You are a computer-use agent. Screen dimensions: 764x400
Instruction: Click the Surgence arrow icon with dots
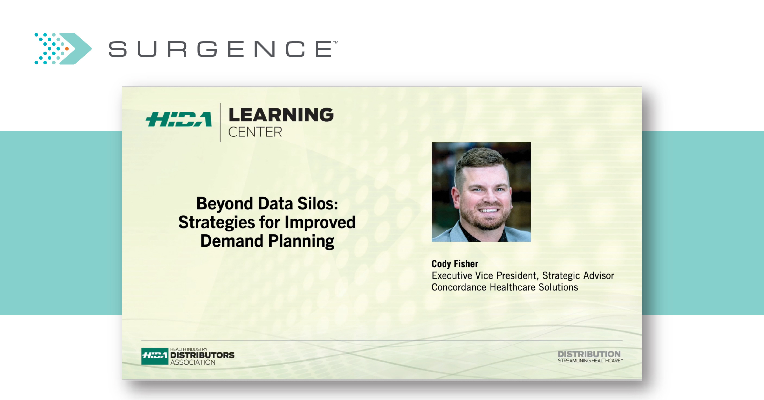tap(63, 49)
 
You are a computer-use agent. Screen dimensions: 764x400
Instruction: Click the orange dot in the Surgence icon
tap(67, 49)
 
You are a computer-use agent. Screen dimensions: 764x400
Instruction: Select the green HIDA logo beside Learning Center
tap(179, 119)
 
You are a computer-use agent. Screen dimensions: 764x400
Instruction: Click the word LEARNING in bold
tap(281, 115)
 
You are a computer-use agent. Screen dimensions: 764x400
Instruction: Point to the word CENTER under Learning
tap(255, 132)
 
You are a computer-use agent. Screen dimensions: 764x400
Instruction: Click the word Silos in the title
tap(317, 204)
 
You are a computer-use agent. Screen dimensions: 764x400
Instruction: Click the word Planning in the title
tap(301, 241)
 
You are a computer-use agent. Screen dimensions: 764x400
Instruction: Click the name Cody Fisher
tap(455, 264)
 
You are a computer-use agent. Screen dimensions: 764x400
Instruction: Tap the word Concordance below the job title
tap(459, 287)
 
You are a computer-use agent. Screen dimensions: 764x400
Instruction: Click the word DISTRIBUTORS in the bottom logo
tap(202, 355)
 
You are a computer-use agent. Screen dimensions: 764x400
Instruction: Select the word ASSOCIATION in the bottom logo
tap(193, 362)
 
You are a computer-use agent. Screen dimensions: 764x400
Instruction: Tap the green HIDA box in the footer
tap(155, 356)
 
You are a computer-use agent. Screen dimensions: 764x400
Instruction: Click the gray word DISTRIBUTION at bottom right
tap(589, 354)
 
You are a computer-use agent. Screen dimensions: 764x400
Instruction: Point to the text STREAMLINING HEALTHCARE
tap(590, 360)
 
